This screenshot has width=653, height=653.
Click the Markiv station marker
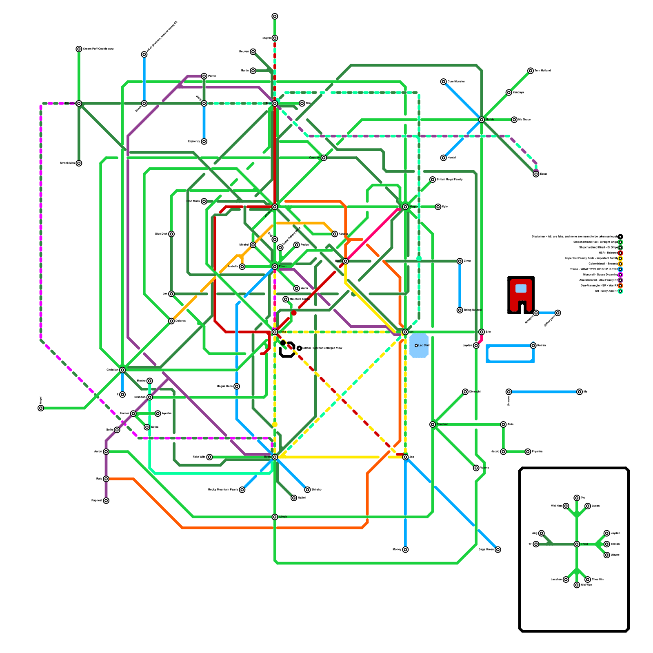pyautogui.click(x=482, y=120)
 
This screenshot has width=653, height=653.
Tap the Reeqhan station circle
pyautogui.click(x=433, y=424)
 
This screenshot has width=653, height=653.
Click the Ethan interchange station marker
pyautogui.click(x=275, y=267)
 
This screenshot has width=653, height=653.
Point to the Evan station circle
pyautogui.click(x=346, y=261)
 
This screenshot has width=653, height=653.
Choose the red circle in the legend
pyautogui.click(x=620, y=253)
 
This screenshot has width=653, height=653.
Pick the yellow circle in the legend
pyautogui.click(x=620, y=258)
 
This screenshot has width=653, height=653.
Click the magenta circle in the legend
pyautogui.click(x=620, y=275)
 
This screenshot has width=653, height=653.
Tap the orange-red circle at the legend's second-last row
pyautogui.click(x=620, y=286)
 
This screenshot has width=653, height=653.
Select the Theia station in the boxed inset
pyautogui.click(x=577, y=544)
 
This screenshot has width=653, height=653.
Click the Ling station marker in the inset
pyautogui.click(x=541, y=533)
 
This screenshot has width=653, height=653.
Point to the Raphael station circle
pyautogui.click(x=106, y=501)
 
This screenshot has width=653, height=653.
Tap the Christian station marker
pyautogui.click(x=122, y=370)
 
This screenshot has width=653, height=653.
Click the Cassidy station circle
pyautogui.click(x=324, y=158)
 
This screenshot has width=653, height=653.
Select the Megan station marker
pyautogui.click(x=405, y=207)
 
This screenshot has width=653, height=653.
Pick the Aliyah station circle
pyautogui.click(x=275, y=517)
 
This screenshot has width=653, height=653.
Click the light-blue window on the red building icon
pyautogui.click(x=521, y=288)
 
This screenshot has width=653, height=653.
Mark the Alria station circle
pyautogui.click(x=503, y=424)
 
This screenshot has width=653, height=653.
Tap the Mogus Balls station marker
pyautogui.click(x=237, y=386)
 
